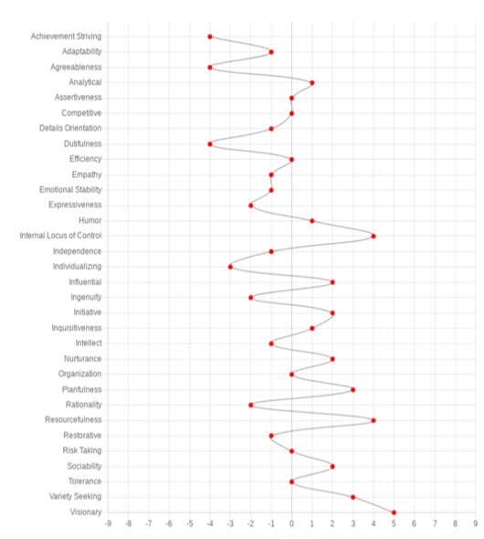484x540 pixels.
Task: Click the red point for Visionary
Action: click(394, 513)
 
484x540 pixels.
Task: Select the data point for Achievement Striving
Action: click(210, 37)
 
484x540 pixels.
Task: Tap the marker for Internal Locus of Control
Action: click(374, 237)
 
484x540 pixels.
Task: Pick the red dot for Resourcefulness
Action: click(374, 420)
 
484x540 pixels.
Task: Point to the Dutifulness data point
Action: click(210, 144)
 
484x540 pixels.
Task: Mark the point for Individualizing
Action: click(230, 267)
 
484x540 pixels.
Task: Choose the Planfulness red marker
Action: click(352, 390)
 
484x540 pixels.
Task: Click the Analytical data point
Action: click(312, 82)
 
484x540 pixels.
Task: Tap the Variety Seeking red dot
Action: click(352, 497)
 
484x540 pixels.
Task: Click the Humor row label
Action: click(90, 220)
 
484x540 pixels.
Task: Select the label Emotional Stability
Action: click(70, 190)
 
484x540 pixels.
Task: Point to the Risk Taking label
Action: click(82, 450)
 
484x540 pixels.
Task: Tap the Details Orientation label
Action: click(70, 128)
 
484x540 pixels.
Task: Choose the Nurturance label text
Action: click(82, 359)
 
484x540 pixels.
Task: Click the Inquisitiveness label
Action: click(77, 328)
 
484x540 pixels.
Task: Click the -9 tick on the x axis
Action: click(108, 524)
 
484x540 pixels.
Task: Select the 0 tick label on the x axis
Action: click(291, 524)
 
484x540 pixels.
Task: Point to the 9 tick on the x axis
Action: click(476, 524)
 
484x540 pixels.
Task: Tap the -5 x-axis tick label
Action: click(189, 524)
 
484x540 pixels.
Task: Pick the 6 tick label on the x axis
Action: click(414, 524)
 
